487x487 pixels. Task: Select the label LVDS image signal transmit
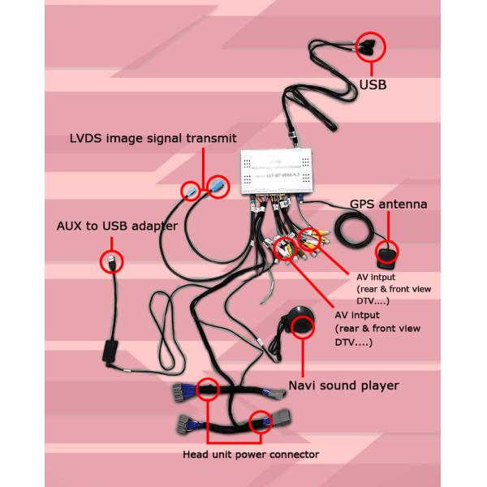pyautogui.click(x=153, y=139)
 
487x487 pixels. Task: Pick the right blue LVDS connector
pyautogui.click(x=217, y=187)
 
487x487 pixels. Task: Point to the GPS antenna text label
pyautogui.click(x=388, y=205)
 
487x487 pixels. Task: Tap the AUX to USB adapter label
pyautogui.click(x=117, y=226)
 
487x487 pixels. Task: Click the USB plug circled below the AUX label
pyautogui.click(x=110, y=261)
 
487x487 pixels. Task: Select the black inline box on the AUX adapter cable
pyautogui.click(x=108, y=353)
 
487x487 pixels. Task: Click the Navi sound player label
pyautogui.click(x=343, y=385)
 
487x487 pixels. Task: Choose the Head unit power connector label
pyautogui.click(x=250, y=454)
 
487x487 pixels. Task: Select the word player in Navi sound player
pyautogui.click(x=380, y=385)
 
